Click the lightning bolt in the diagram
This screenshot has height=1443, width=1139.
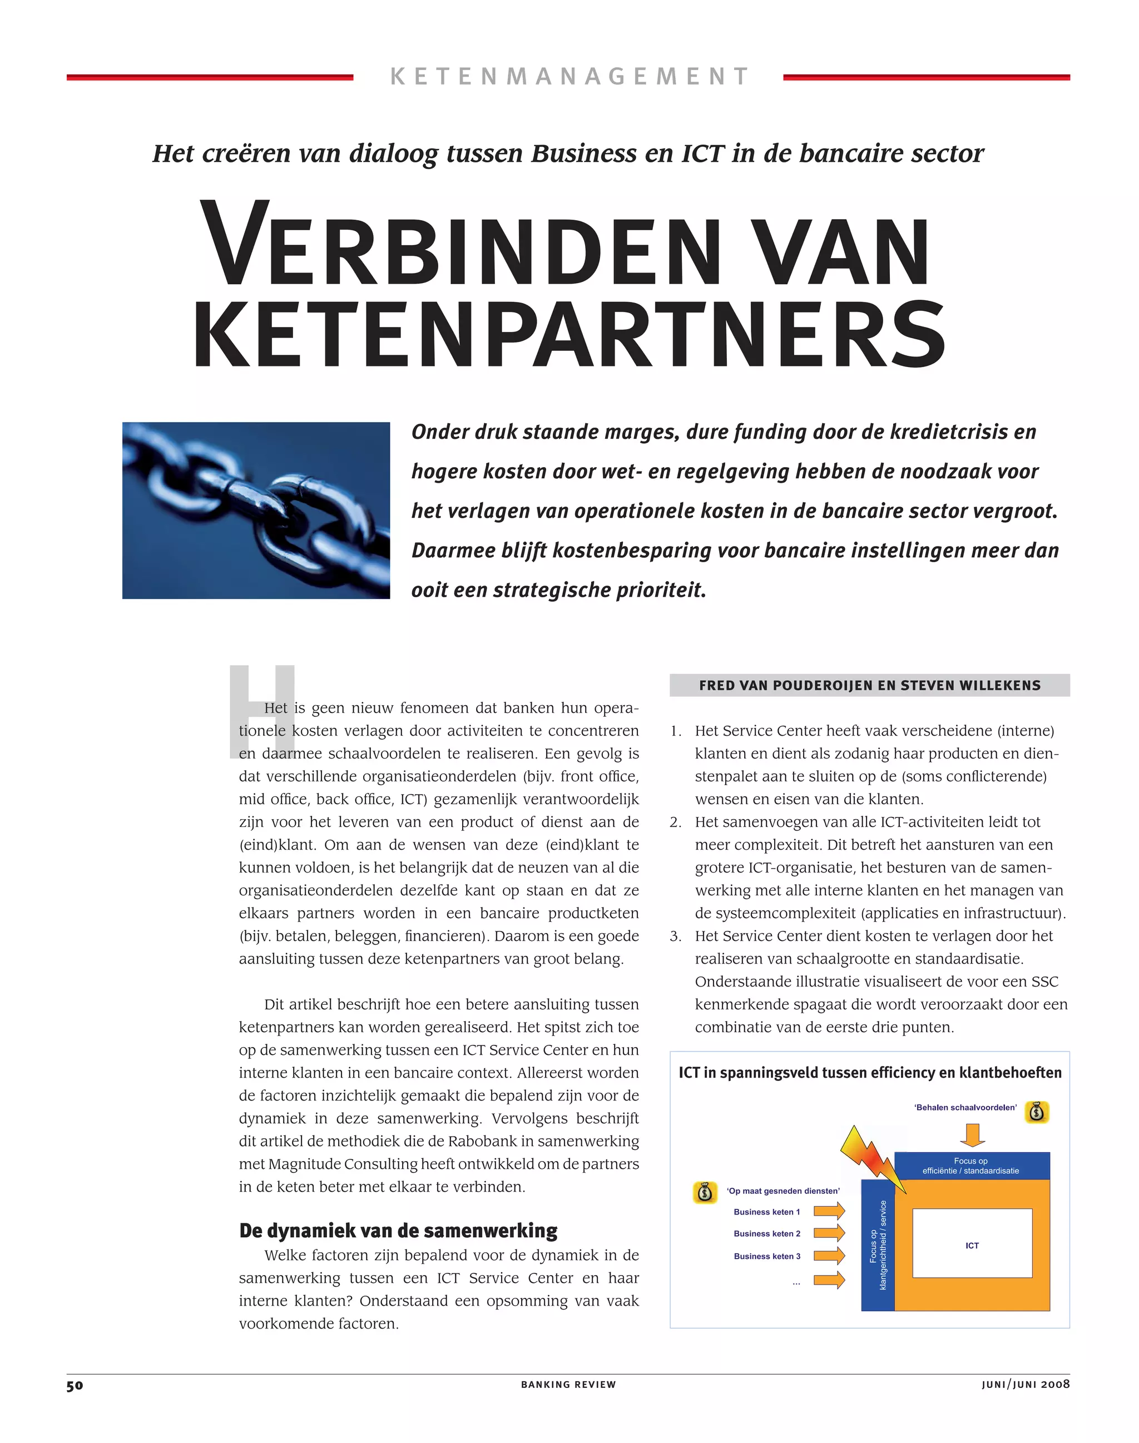871,1159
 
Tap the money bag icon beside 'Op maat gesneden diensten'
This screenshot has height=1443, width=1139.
705,1192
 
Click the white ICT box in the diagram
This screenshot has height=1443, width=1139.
972,1243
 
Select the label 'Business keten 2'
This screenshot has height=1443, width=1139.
767,1233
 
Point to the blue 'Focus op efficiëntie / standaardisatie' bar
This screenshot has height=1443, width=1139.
972,1166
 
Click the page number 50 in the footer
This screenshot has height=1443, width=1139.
75,1385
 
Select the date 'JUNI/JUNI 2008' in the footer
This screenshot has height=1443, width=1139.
1025,1384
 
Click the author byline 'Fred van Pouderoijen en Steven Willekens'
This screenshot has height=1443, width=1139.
870,686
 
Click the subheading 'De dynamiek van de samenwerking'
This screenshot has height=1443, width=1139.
398,1230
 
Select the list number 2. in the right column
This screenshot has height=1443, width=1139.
676,822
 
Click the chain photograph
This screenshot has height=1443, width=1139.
256,510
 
